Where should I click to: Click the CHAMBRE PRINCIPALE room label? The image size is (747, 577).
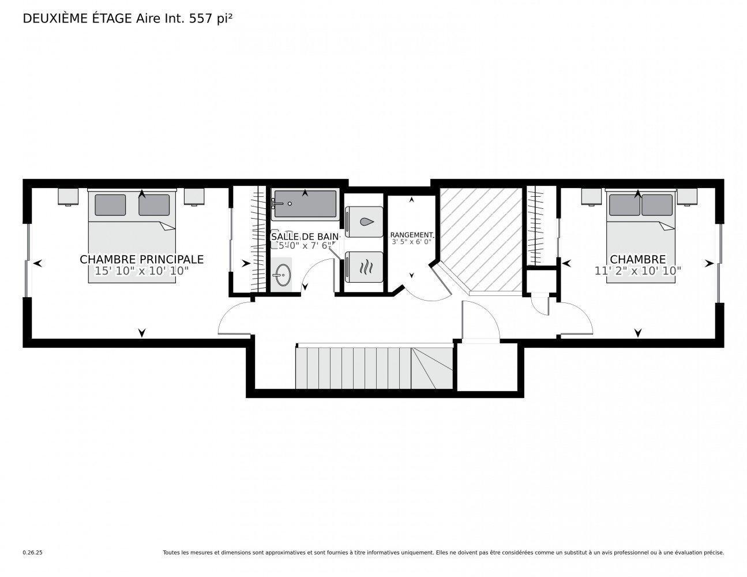point(141,260)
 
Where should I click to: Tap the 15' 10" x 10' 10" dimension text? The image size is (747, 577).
point(141,271)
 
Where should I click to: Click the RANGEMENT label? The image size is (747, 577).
point(411,235)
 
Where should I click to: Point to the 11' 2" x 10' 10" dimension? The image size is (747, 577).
point(638,270)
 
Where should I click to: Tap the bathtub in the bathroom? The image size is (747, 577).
point(305,205)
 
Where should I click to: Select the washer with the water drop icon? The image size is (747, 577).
point(364,222)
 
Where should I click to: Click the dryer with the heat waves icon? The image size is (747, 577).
point(364,267)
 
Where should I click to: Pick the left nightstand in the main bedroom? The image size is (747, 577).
point(68,197)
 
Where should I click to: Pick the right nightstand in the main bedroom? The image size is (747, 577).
point(194,197)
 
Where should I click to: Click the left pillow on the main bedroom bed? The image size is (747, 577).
point(110,205)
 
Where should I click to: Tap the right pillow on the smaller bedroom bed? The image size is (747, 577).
point(656,205)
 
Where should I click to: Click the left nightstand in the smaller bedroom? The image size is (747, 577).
point(591,197)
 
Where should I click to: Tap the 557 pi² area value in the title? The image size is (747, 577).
point(211,18)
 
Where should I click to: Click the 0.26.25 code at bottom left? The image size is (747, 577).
point(32,553)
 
